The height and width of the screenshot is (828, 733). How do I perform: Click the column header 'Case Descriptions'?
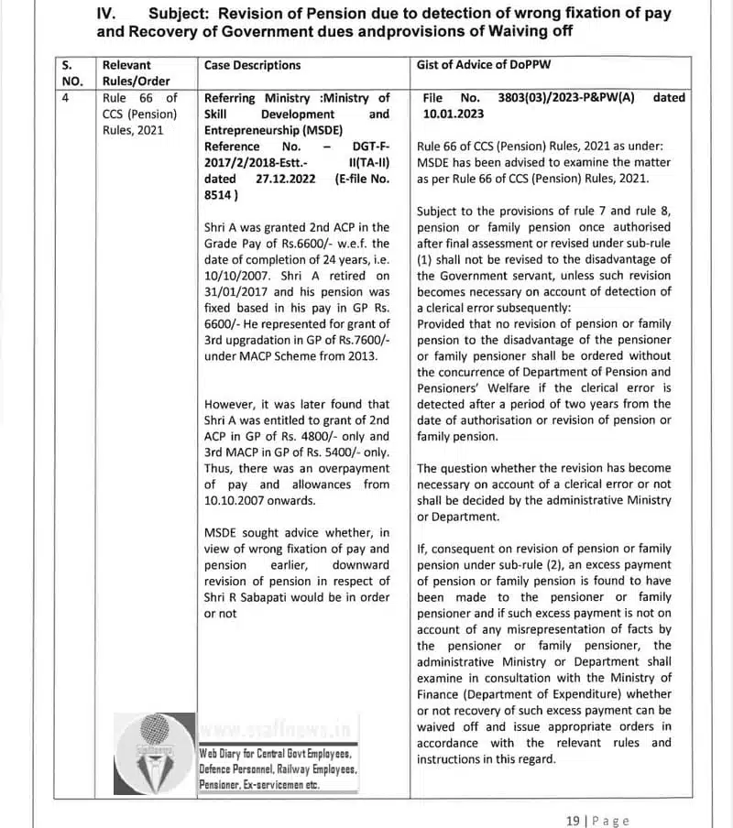pos(252,65)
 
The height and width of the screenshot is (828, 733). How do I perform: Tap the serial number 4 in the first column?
pos(66,98)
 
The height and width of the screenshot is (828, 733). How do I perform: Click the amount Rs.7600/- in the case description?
pos(360,340)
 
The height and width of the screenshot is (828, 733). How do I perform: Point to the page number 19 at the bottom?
pos(574,821)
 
